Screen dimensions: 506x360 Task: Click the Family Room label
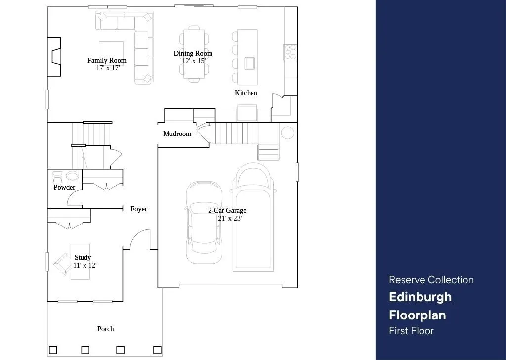point(107,60)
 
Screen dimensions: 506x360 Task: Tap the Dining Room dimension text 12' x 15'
point(194,61)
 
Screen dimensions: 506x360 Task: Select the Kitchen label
point(246,93)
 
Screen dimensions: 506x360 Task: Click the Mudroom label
point(177,134)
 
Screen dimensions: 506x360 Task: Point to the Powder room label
point(64,187)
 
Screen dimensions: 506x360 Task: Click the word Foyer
point(139,209)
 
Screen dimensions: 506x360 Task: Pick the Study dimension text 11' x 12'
point(85,265)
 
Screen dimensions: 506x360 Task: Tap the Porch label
point(106,329)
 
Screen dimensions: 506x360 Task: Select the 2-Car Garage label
point(227,210)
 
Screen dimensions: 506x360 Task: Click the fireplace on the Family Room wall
point(54,57)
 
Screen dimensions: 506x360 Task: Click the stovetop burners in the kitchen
point(290,52)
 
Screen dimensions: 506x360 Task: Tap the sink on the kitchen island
point(250,63)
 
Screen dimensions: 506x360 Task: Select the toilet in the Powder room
point(57,177)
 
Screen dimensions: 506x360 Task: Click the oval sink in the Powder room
point(72,176)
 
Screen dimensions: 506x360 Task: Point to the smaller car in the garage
point(204,223)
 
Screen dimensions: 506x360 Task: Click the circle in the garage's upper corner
point(287,133)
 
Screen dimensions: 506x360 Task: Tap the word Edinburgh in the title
point(420,297)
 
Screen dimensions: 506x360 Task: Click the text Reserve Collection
point(431,280)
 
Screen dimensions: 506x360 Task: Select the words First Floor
point(412,331)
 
